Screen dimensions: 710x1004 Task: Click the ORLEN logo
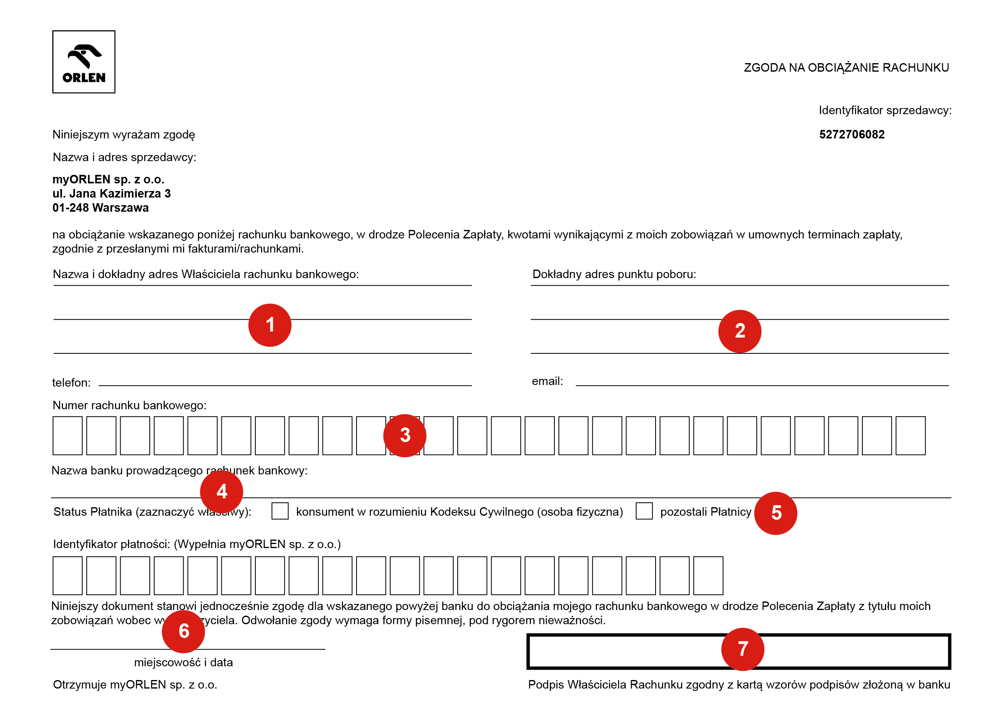(83, 62)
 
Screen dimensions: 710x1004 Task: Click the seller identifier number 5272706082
(851, 134)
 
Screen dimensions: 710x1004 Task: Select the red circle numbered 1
(270, 325)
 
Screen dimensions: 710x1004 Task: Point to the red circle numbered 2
(739, 331)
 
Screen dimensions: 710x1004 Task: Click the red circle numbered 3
(405, 435)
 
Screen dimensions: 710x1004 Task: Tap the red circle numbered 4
(221, 491)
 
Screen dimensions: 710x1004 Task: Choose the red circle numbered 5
(776, 513)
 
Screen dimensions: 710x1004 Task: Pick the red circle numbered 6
(183, 631)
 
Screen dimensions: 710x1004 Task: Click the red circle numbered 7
(743, 649)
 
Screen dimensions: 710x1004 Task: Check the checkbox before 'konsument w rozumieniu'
(280, 511)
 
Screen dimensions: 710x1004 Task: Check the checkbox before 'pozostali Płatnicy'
(644, 511)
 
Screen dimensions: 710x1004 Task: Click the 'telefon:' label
(71, 383)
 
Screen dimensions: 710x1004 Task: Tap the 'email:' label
(547, 381)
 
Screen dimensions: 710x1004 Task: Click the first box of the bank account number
(67, 436)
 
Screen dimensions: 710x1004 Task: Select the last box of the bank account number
(911, 436)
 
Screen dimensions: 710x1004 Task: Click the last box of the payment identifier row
(708, 576)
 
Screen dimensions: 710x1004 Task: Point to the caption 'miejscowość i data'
(183, 662)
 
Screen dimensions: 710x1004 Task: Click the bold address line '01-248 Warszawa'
(101, 208)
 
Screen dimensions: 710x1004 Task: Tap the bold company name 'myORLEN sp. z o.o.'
(108, 179)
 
